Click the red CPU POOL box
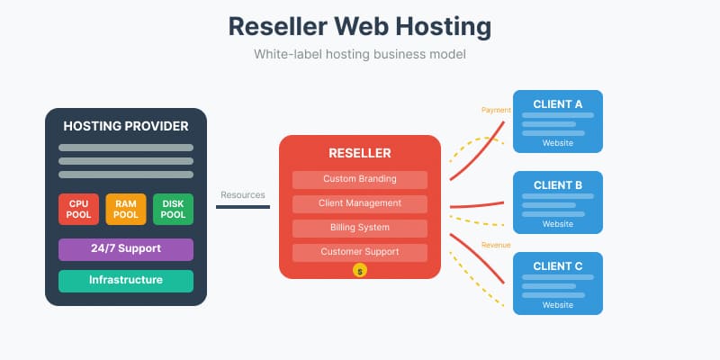click(x=78, y=209)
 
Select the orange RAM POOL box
click(x=126, y=209)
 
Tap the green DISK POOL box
click(x=173, y=209)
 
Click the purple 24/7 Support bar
click(x=126, y=249)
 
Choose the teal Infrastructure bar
click(x=126, y=281)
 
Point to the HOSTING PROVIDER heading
click(x=126, y=126)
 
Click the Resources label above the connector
click(x=243, y=194)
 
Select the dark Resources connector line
click(x=243, y=207)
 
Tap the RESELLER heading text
click(x=360, y=153)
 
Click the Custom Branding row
click(x=360, y=179)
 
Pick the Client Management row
click(x=360, y=203)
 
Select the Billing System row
click(x=360, y=228)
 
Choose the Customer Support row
click(x=360, y=252)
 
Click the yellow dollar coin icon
click(x=360, y=270)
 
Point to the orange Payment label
click(x=496, y=111)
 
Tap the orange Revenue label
click(x=496, y=245)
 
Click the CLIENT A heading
click(x=558, y=103)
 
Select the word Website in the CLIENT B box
click(x=558, y=224)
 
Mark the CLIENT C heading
click(x=558, y=265)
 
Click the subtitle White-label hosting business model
click(x=360, y=54)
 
